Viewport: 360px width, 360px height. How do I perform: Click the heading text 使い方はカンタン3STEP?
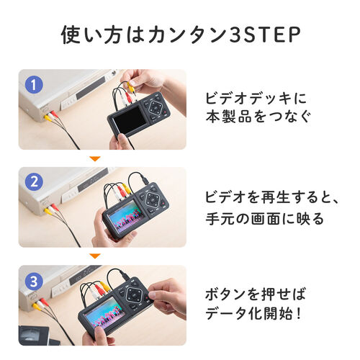180,34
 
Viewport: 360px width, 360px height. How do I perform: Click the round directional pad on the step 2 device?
154,199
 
